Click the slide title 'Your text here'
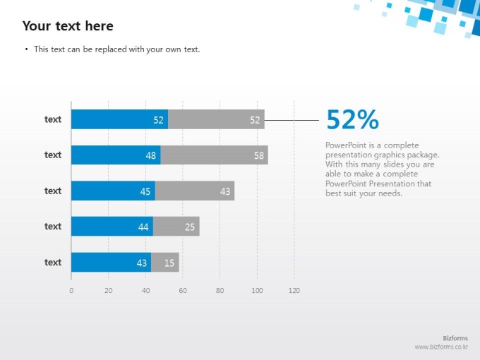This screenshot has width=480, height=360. [68, 26]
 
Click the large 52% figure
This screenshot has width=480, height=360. [352, 120]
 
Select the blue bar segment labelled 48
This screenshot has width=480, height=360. [116, 155]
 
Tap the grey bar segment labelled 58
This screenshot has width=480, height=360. [214, 155]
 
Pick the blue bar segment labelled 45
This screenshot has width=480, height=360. [113, 191]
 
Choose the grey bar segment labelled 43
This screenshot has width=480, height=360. [194, 191]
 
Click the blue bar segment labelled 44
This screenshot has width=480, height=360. [112, 227]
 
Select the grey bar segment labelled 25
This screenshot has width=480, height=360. [176, 227]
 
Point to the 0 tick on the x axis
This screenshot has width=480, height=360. [71, 290]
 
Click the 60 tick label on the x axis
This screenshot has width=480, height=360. [183, 290]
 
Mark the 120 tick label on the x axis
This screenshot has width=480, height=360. [294, 290]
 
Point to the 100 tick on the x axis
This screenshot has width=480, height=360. [257, 290]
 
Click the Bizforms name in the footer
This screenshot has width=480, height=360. [455, 339]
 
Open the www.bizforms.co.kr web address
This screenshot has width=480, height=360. [441, 347]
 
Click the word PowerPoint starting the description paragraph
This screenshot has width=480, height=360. [342, 145]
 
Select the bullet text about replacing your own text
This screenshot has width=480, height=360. [116, 49]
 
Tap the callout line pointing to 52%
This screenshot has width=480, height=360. [292, 120]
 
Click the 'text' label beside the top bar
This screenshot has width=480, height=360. [53, 119]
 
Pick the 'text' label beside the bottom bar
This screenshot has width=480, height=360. [53, 262]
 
